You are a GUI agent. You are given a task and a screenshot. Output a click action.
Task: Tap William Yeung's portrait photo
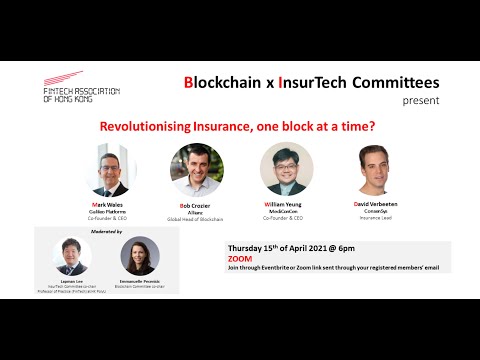tap(285, 167)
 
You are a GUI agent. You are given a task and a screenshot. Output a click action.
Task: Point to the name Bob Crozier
tap(195, 205)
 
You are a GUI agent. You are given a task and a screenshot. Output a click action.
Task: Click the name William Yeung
tap(283, 203)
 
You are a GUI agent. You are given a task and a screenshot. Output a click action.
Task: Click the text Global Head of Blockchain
tap(195, 218)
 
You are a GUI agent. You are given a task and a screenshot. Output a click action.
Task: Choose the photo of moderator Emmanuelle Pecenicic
tap(137, 257)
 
